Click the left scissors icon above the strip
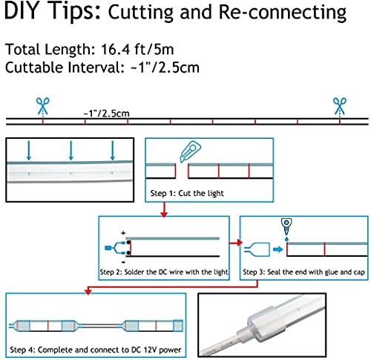pyautogui.click(x=42, y=106)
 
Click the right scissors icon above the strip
pyautogui.click(x=340, y=106)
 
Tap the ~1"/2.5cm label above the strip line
pyautogui.click(x=107, y=114)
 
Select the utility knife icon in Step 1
pyautogui.click(x=190, y=151)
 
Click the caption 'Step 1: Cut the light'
pyautogui.click(x=187, y=193)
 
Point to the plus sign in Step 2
pyautogui.click(x=123, y=233)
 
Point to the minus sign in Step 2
pyautogui.click(x=123, y=262)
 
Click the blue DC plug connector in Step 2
pyautogui.click(x=108, y=248)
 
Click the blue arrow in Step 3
pyautogui.click(x=278, y=249)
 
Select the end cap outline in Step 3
pyautogui.click(x=257, y=249)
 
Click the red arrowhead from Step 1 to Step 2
pyautogui.click(x=164, y=214)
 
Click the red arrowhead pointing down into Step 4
pyautogui.click(x=88, y=291)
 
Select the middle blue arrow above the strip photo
pyautogui.click(x=71, y=151)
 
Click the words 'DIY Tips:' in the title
pyautogui.click(x=53, y=11)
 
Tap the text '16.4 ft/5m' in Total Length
pyautogui.click(x=137, y=49)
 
